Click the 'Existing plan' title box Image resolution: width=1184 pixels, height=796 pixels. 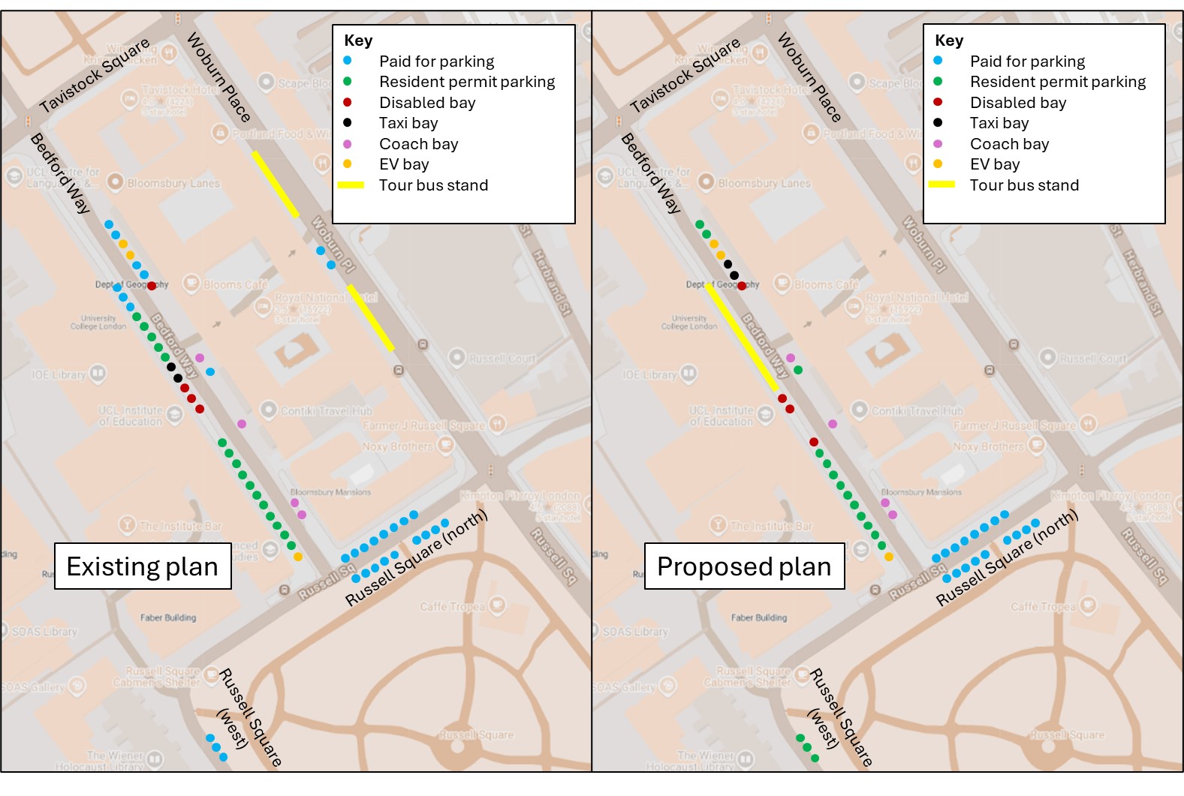pos(143,566)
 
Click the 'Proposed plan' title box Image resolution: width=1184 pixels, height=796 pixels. pos(744,566)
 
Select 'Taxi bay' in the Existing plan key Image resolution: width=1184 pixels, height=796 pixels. pos(408,123)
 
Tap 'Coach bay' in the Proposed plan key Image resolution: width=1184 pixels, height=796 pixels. pos(1009,144)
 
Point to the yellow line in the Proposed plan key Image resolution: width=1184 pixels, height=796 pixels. pos(941,185)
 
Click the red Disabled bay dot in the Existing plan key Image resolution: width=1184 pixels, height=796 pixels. pos(347,102)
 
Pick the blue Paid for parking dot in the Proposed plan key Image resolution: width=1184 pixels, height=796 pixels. pos(938,61)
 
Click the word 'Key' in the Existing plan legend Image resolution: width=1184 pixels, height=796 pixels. pos(358,41)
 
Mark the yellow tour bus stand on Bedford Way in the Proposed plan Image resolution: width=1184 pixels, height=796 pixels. pos(742,337)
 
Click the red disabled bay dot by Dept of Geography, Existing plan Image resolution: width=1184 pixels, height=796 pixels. pos(152,286)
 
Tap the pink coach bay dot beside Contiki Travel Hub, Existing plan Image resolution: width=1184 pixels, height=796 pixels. pos(242,424)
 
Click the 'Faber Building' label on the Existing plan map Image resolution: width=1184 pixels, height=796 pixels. pos(168,617)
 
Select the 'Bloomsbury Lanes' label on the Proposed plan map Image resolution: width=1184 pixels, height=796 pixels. pos(764,183)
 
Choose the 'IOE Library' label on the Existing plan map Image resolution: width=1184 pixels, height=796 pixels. pos(59,374)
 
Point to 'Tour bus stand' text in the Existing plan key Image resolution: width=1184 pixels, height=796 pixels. pos(433,185)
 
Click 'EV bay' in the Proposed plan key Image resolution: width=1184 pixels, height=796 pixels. pos(995,164)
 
